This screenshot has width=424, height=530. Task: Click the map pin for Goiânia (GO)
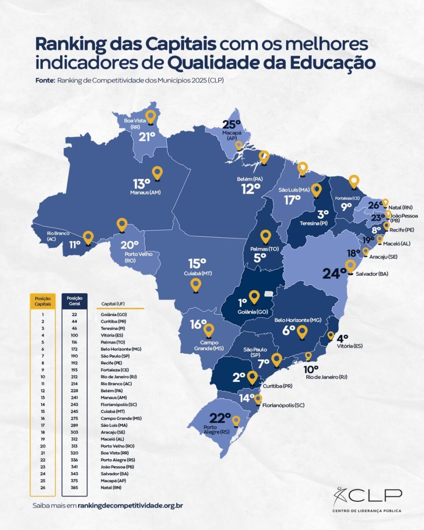pos(254,297)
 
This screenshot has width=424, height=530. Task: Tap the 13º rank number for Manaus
pos(142,184)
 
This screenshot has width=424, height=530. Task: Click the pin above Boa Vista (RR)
pos(151,117)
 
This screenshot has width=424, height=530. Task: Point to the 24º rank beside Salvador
pos(334,273)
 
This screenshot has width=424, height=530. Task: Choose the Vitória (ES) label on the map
pos(349,346)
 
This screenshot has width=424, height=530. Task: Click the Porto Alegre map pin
pos(236,420)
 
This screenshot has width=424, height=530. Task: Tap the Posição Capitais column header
pos(43,301)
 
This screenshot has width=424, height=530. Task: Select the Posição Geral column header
pos(75,301)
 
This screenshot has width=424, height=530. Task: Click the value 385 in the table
pos(75,488)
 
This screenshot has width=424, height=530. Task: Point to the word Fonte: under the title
pos(45,80)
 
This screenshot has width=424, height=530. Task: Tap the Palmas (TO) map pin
pos(265,236)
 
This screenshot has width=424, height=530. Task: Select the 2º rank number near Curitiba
pos(239,377)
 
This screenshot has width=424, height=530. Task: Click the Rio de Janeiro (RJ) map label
pos(326,377)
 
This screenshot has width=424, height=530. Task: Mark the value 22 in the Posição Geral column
pos(75,314)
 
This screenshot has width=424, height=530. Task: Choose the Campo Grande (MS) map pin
pos(208,330)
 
